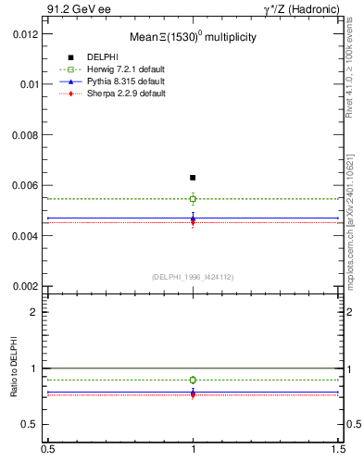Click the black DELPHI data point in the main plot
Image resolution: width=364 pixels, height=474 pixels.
click(193, 177)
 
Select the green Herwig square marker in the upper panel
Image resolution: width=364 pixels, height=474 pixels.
click(193, 198)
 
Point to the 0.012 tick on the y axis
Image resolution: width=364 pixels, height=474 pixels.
click(24, 33)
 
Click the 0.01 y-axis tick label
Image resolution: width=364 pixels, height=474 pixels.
click(28, 84)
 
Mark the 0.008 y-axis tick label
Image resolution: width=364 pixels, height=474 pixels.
click(24, 134)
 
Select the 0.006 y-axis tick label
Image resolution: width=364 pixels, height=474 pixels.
click(24, 185)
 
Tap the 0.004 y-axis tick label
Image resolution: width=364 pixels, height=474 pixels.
click(24, 236)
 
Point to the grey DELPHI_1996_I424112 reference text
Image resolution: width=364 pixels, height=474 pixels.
click(193, 276)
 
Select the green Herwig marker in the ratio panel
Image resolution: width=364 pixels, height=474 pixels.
click(193, 380)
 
